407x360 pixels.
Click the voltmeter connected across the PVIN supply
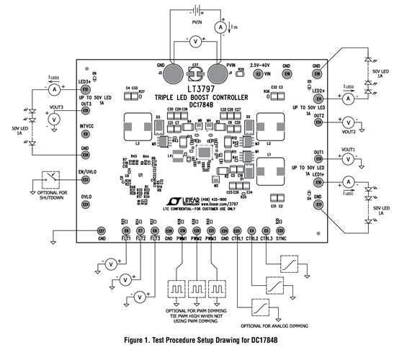pos(193,42)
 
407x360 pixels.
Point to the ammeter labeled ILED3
pos(53,90)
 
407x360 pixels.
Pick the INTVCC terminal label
pos(86,127)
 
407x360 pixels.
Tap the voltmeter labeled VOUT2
pos(348,122)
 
